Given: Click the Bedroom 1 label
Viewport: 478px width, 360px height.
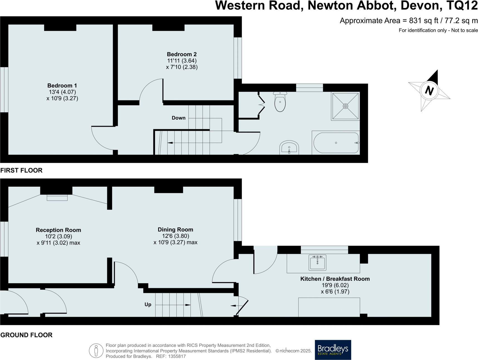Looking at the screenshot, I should pyautogui.click(x=62, y=86).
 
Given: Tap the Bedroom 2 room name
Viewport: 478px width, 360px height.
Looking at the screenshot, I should pyautogui.click(x=182, y=54).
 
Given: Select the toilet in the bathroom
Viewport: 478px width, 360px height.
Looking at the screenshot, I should pyautogui.click(x=280, y=102).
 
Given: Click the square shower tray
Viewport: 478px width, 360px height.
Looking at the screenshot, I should pyautogui.click(x=345, y=106).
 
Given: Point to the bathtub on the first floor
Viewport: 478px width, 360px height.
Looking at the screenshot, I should pyautogui.click(x=336, y=143).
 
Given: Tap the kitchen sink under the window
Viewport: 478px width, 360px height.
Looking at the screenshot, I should pyautogui.click(x=317, y=262).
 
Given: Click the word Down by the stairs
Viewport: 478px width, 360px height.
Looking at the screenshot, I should pyautogui.click(x=178, y=118).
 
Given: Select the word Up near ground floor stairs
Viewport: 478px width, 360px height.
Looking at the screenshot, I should pyautogui.click(x=148, y=305).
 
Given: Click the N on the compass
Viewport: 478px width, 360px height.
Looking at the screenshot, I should pyautogui.click(x=429, y=91).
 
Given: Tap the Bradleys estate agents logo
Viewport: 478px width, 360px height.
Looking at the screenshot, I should pyautogui.click(x=333, y=350).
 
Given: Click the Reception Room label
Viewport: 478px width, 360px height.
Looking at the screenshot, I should pyautogui.click(x=58, y=230).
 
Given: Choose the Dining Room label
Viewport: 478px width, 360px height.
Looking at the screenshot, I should pyautogui.click(x=175, y=230).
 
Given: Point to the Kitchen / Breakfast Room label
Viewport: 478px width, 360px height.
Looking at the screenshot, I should pyautogui.click(x=335, y=279).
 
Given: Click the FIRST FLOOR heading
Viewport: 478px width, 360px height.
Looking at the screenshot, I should pyautogui.click(x=21, y=170).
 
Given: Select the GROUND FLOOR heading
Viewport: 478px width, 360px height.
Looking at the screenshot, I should pyautogui.click(x=26, y=335).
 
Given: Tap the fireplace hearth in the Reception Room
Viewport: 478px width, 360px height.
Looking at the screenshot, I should pyautogui.click(x=57, y=198).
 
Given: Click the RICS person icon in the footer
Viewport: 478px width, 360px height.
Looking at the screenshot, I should pyautogui.click(x=96, y=351).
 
